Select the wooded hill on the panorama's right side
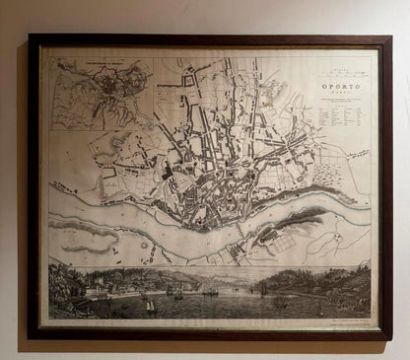pos(325,281)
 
